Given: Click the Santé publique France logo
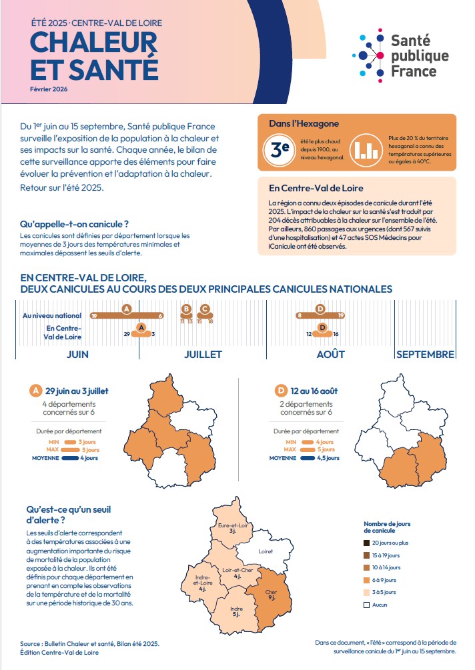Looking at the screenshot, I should coord(400,54).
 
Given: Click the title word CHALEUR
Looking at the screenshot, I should coord(93,43).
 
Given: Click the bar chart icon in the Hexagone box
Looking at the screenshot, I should coord(364,150).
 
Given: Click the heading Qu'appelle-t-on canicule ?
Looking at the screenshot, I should coord(74,224).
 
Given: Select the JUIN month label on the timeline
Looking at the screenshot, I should coord(78,354).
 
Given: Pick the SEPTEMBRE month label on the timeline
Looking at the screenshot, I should coord(425,354).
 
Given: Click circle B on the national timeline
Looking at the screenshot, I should coord(186,309).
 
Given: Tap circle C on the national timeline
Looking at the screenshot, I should coord(205,309).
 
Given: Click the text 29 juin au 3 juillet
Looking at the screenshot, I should coord(77,391).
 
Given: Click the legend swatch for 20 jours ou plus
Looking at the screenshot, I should coord(366,543).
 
